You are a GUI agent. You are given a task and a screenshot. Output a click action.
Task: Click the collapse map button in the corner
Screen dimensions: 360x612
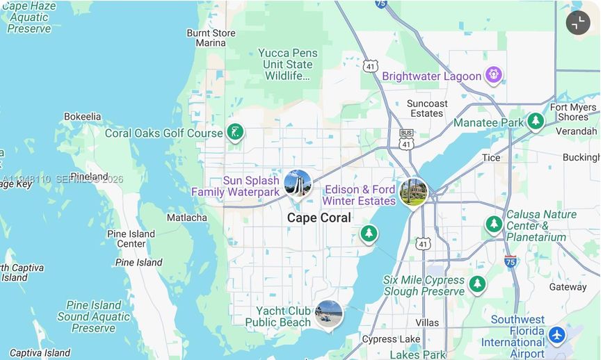click(x=578, y=23)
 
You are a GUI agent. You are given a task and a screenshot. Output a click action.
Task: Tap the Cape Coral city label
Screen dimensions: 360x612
click(x=319, y=218)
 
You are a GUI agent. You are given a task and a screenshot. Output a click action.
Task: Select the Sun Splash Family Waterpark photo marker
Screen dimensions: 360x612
click(x=298, y=183)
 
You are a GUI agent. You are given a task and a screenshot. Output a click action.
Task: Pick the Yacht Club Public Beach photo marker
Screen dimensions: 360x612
click(x=328, y=314)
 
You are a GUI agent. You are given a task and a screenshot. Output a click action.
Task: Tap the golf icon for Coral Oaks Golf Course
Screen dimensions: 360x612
click(x=235, y=132)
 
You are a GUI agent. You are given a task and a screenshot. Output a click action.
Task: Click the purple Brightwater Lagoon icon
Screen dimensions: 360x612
click(x=494, y=74)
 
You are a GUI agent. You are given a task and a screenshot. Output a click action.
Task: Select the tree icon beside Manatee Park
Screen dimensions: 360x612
click(x=535, y=122)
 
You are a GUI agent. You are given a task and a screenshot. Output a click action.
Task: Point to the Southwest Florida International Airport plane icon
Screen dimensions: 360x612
click(x=556, y=335)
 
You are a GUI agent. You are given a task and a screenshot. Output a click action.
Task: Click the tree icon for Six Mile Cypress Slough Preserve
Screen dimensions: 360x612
click(x=477, y=284)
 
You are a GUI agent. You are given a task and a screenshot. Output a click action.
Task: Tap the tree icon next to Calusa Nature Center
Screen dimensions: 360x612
click(x=494, y=224)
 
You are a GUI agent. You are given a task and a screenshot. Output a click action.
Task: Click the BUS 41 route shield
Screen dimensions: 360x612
click(x=406, y=139)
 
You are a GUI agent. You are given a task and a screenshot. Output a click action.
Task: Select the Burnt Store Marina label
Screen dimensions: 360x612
click(x=211, y=38)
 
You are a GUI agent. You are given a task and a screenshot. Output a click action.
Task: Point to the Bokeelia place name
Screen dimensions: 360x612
click(x=83, y=117)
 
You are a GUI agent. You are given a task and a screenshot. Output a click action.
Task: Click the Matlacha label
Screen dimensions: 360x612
click(x=186, y=218)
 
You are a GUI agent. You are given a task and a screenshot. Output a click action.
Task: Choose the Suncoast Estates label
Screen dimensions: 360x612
click(x=427, y=108)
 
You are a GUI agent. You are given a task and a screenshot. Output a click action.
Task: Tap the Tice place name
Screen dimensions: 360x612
click(x=491, y=158)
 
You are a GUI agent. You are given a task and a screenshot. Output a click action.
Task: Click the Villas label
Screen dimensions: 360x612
click(x=427, y=322)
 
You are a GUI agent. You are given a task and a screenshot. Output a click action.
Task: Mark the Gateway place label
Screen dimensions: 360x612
click(x=567, y=287)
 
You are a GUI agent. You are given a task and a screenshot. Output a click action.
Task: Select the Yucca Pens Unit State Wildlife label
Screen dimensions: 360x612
click(x=287, y=64)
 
